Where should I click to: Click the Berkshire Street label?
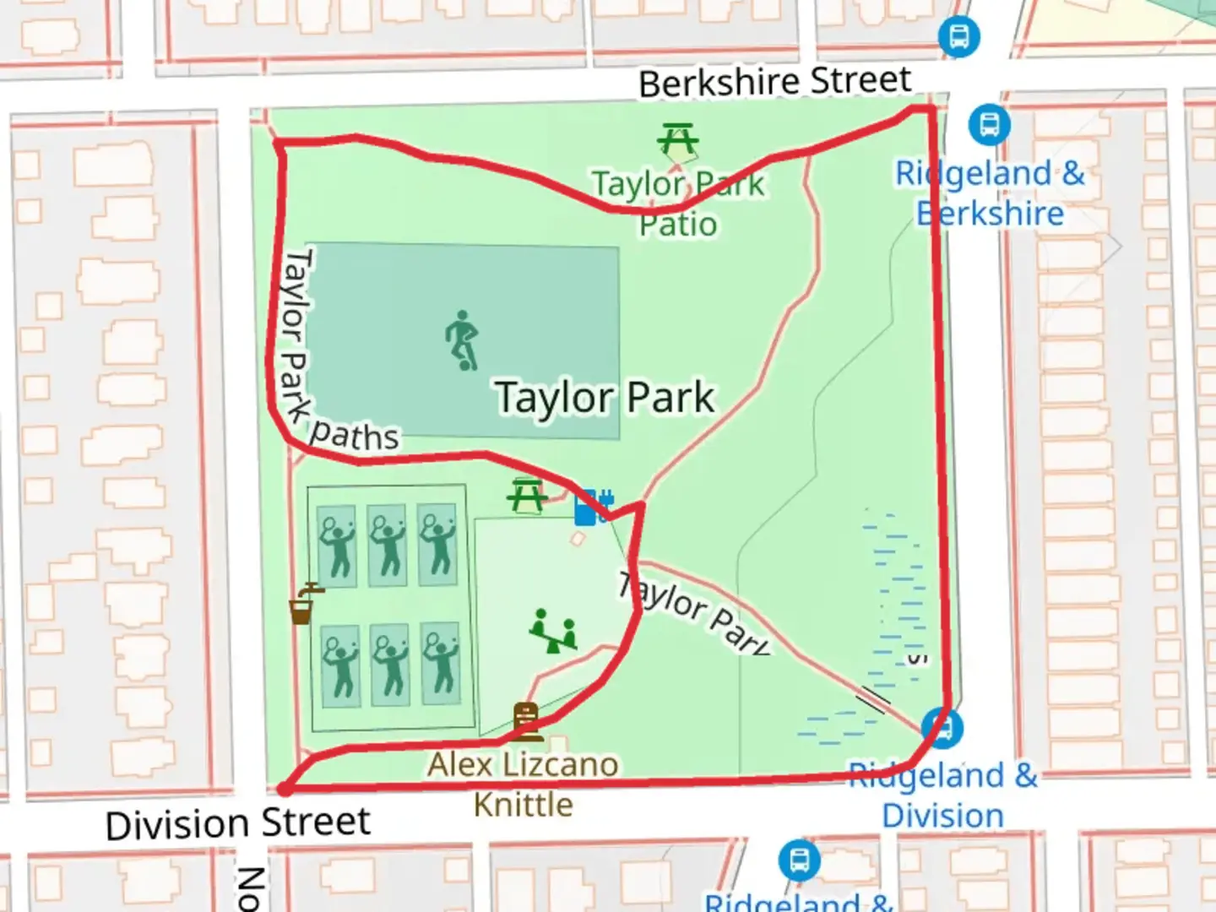[774, 82]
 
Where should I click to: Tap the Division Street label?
[238, 822]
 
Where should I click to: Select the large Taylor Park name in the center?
[605, 397]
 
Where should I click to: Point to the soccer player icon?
[463, 340]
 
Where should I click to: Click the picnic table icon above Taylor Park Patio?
[677, 139]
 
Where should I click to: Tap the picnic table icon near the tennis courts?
[526, 496]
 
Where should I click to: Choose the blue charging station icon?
[593, 507]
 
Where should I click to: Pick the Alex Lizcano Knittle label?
[524, 784]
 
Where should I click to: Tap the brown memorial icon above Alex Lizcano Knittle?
[526, 721]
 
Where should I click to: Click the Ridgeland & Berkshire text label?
[990, 193]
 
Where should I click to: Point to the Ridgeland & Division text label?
[942, 795]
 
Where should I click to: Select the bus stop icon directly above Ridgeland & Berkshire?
[989, 124]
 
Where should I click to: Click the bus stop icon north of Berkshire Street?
[958, 37]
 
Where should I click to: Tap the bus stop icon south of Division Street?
[799, 860]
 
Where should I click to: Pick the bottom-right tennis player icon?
[440, 665]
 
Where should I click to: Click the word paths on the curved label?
[354, 435]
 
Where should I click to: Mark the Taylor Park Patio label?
[678, 204]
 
